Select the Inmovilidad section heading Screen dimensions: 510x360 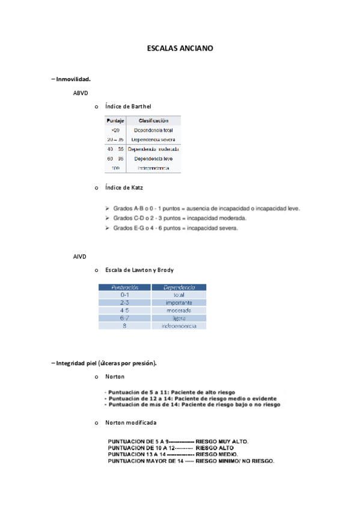click(x=73, y=79)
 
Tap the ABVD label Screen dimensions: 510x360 click(x=80, y=93)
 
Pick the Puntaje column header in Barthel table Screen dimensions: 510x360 click(x=115, y=121)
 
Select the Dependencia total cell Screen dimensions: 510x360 click(x=153, y=130)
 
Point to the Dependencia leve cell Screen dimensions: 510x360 click(x=153, y=159)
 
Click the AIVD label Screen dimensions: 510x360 click(x=80, y=257)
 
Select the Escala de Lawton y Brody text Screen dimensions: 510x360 click(x=139, y=270)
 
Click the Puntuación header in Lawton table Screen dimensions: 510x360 click(x=124, y=287)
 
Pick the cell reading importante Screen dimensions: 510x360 click(x=178, y=303)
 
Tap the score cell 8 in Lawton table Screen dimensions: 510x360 click(x=124, y=325)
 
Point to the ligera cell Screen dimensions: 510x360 click(x=178, y=318)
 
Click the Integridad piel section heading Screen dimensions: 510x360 click(x=106, y=363)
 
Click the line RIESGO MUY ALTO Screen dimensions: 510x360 click(x=178, y=441)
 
